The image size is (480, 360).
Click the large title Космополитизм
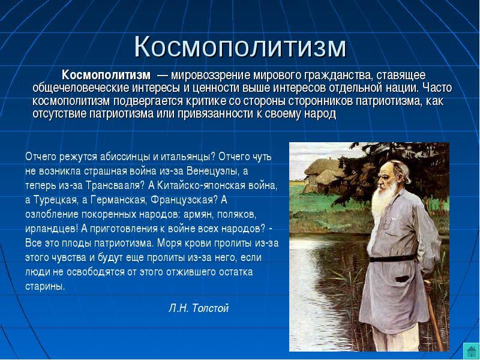tap(241, 47)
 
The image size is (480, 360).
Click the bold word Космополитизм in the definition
tap(106, 74)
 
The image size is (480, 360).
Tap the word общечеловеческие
tap(82, 88)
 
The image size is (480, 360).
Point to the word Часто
tap(437, 88)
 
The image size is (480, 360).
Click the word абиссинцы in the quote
tap(125, 157)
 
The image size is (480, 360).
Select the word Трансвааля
tap(112, 185)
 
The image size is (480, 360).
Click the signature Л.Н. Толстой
tap(199, 308)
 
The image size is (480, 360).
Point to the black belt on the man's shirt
tap(392, 259)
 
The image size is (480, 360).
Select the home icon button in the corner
tap(471, 351)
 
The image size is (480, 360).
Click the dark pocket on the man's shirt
tap(403, 279)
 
